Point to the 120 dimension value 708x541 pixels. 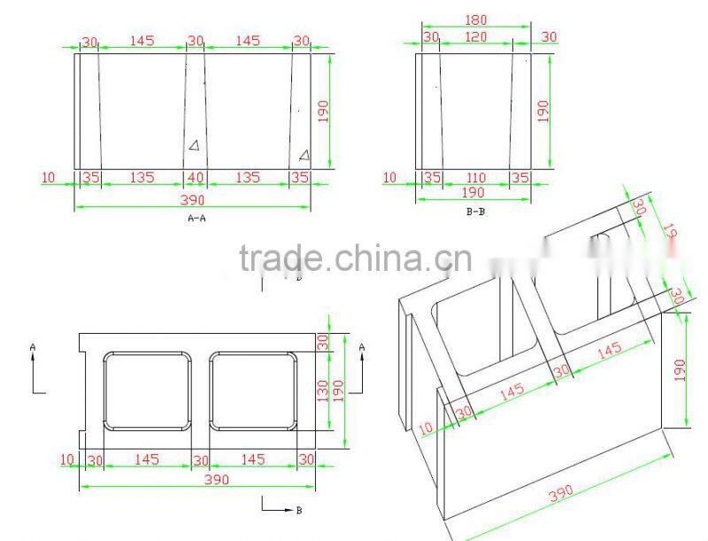pos(476,37)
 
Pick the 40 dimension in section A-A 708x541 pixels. pos(196,177)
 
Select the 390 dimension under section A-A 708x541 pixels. pos(195,199)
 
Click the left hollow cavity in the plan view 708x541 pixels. pos(147,391)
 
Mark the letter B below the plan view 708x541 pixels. pos(298,511)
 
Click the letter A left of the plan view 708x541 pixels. pos(33,349)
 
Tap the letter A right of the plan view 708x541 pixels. pos(362,349)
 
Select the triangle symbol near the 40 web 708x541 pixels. pos(193,145)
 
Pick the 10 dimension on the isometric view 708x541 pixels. pos(426,429)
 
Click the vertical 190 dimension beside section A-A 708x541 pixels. pos(323,111)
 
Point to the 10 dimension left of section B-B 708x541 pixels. pos(389,177)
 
